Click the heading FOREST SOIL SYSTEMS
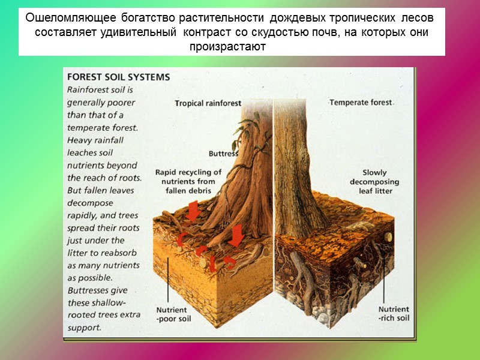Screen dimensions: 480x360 point(118,77)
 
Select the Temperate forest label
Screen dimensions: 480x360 point(361,103)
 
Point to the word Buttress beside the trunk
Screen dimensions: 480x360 point(223,153)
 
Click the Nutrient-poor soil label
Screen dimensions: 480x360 point(173,314)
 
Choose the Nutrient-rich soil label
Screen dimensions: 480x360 point(394,313)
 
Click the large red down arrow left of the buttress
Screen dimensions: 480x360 point(193,212)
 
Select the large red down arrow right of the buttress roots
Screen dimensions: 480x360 point(236,235)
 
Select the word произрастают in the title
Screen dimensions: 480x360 point(227,46)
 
